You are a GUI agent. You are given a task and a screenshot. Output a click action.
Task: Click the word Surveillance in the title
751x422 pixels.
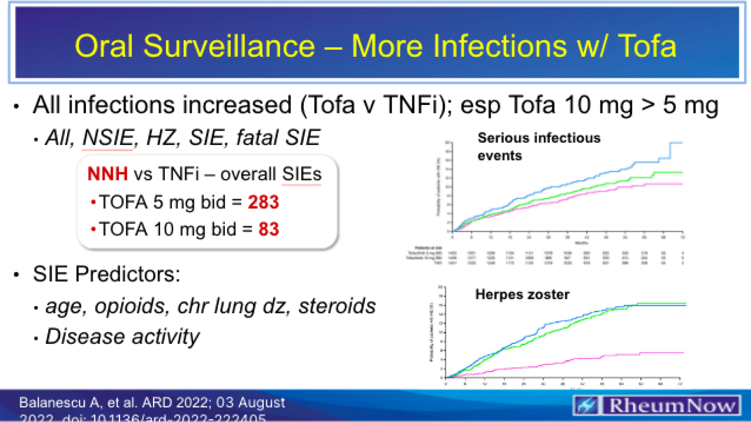(x=229, y=46)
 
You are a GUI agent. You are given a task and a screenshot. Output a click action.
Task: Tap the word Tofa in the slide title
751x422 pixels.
(x=646, y=46)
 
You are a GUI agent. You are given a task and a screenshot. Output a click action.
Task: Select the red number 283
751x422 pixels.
(x=263, y=202)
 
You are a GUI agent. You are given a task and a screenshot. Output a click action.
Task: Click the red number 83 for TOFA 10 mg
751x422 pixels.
(x=268, y=229)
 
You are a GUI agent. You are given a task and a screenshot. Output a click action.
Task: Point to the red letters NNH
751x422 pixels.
(x=107, y=174)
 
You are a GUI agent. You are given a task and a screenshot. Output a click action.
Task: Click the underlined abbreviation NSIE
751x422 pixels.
(x=108, y=138)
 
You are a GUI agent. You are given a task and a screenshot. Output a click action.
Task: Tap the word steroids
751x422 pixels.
(x=337, y=306)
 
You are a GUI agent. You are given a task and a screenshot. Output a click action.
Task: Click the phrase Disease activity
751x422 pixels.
(x=122, y=337)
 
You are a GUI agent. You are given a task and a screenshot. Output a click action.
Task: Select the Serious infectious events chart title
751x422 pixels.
(x=538, y=146)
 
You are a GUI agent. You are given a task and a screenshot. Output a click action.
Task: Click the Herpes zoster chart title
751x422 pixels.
(x=522, y=294)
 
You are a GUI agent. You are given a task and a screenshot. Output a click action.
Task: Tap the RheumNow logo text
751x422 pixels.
(x=672, y=405)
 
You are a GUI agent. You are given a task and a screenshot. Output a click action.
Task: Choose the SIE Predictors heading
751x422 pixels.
(x=106, y=274)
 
